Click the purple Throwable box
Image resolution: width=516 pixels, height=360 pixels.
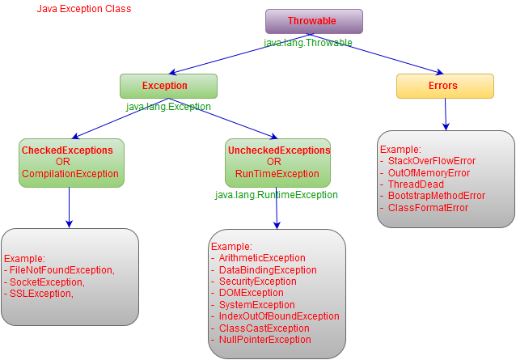(314, 21)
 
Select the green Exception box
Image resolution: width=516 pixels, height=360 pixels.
(168, 86)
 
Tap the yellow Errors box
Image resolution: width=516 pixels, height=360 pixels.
(444, 86)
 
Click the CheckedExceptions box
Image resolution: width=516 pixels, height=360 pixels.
(71, 162)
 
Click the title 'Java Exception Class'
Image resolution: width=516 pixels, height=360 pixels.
(84, 9)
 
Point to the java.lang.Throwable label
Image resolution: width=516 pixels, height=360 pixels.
(308, 42)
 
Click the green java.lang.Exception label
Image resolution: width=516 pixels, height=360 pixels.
(168, 106)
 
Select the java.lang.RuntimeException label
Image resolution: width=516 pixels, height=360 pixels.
(276, 195)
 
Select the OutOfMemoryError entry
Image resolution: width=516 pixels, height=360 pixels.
(429, 173)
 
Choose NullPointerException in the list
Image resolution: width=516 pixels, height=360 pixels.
(264, 340)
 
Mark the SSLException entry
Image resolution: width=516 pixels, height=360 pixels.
(41, 293)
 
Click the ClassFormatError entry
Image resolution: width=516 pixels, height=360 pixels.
(428, 208)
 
